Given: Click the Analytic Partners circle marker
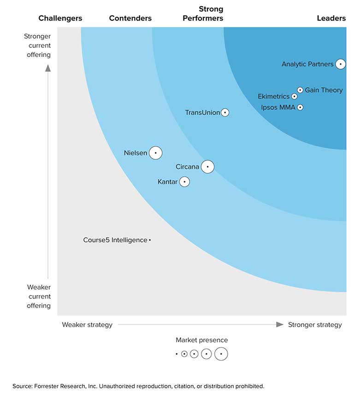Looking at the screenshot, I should pyautogui.click(x=340, y=64).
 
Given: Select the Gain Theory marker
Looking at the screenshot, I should pyautogui.click(x=300, y=90).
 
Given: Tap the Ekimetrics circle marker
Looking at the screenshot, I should pyautogui.click(x=295, y=97).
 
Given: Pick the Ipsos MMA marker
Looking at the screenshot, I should pyautogui.click(x=300, y=107).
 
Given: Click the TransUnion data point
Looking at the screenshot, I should pyautogui.click(x=225, y=112).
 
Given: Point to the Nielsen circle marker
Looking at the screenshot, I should pyautogui.click(x=156, y=152).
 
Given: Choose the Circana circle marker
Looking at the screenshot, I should pyautogui.click(x=207, y=167).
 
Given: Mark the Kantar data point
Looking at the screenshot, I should pyautogui.click(x=184, y=182).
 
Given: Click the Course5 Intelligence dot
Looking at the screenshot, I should pyautogui.click(x=150, y=240).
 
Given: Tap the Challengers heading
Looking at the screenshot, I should pyautogui.click(x=60, y=18).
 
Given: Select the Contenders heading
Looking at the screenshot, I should pyautogui.click(x=130, y=18).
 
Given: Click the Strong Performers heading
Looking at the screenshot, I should pyautogui.click(x=203, y=14).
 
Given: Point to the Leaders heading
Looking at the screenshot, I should pyautogui.click(x=331, y=18).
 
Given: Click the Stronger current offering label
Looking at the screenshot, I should pyautogui.click(x=37, y=45).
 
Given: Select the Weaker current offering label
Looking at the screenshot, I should pyautogui.click(x=39, y=296).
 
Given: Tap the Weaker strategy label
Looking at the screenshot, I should pyautogui.click(x=87, y=325).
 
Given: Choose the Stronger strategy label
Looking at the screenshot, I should pyautogui.click(x=315, y=325).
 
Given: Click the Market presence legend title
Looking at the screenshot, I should pyautogui.click(x=201, y=340).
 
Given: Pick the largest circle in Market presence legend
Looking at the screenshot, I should pyautogui.click(x=221, y=354).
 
